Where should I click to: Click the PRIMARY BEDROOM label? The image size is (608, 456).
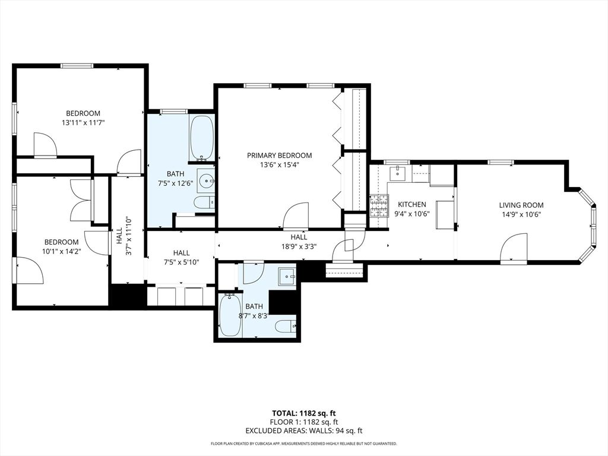(x=279, y=156)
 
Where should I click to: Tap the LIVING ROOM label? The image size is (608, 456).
(x=521, y=205)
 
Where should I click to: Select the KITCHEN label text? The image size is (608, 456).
(x=411, y=204)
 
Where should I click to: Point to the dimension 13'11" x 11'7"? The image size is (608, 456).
(x=83, y=123)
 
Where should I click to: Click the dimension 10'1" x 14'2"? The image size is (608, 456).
(x=62, y=252)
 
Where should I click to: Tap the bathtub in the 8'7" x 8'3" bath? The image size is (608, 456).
(x=229, y=315)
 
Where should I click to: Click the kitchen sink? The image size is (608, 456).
(x=397, y=173)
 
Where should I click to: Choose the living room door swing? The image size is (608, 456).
(x=514, y=248)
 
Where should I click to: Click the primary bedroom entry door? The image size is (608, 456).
(x=296, y=216)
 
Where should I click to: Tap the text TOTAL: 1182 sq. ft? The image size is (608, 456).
(x=304, y=413)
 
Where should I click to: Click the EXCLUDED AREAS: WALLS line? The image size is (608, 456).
(x=304, y=430)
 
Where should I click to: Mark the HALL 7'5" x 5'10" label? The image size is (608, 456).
(x=182, y=257)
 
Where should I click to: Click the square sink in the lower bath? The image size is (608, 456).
(x=288, y=277)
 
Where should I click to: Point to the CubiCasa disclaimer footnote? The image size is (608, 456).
(x=304, y=444)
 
